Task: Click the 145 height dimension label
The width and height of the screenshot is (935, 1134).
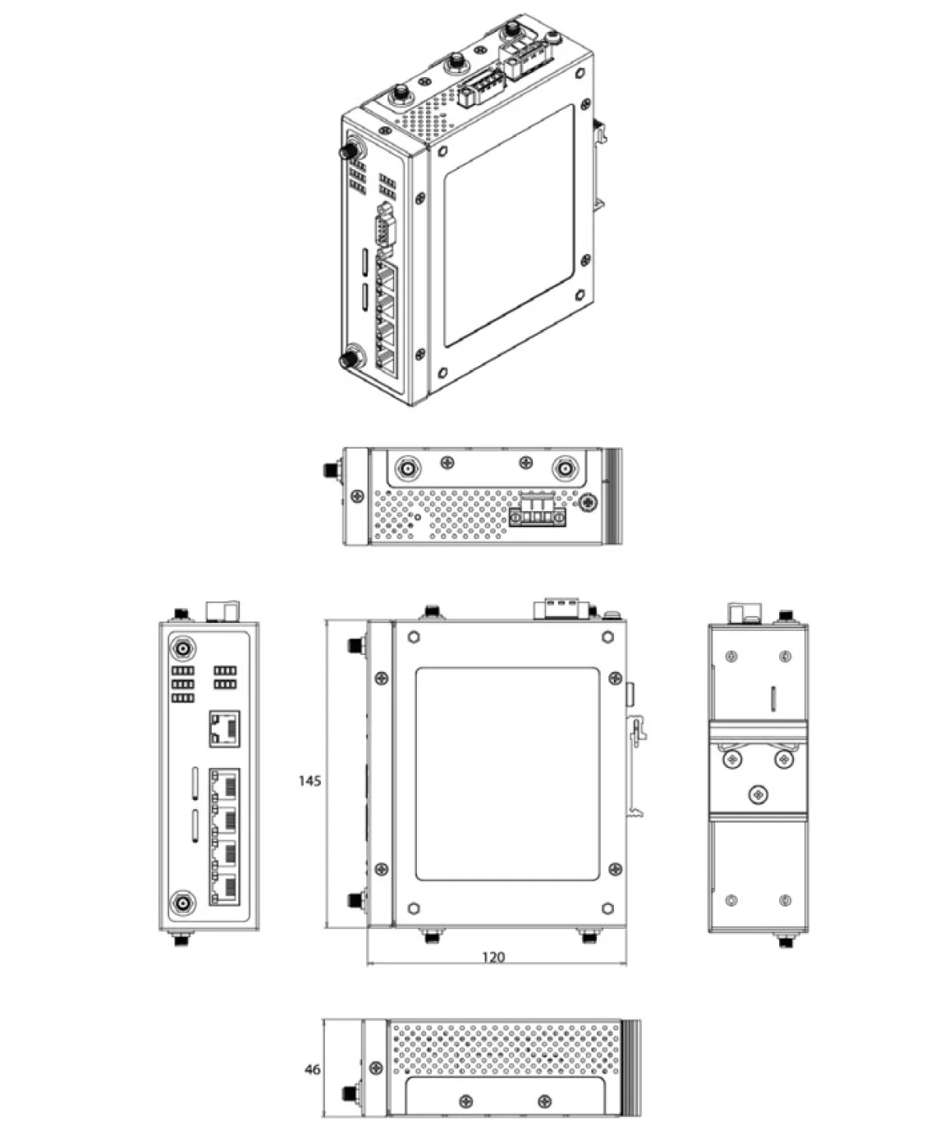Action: click(309, 780)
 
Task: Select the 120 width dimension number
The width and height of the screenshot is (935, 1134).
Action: click(493, 956)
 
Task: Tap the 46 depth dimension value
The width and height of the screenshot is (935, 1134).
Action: click(312, 1070)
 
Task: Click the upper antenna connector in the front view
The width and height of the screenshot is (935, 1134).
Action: click(183, 648)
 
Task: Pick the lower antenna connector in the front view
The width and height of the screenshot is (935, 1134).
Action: click(183, 903)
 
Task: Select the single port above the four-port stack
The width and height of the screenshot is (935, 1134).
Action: click(224, 729)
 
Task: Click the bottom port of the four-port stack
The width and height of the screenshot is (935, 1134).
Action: click(224, 889)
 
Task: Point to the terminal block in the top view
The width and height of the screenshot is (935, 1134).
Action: click(537, 512)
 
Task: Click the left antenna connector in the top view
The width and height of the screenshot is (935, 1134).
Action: click(408, 469)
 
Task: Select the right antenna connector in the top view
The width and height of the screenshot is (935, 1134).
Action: click(565, 469)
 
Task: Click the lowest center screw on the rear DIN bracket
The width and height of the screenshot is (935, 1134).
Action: click(759, 794)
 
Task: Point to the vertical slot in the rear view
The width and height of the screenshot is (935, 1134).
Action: click(772, 699)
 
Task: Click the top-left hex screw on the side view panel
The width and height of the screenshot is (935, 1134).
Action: click(414, 637)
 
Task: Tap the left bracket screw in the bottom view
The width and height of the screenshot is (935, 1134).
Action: click(465, 1101)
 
